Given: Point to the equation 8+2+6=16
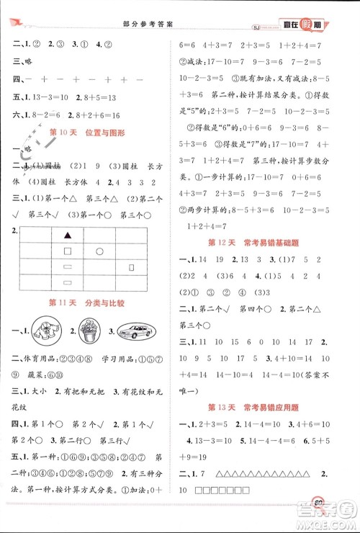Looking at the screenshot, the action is pyautogui.click(x=96, y=113).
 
